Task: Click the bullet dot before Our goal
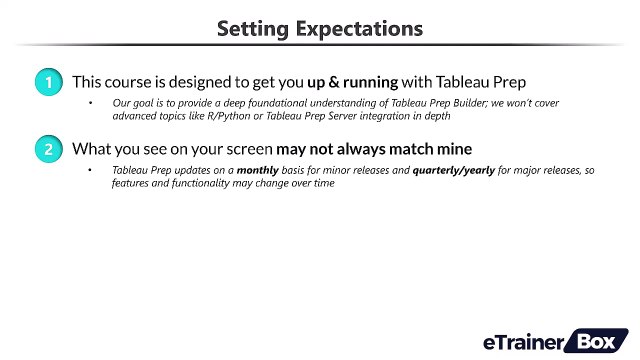90,104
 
